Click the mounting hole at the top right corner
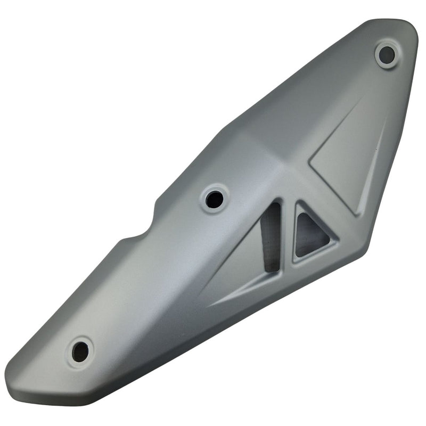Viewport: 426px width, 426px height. [387, 54]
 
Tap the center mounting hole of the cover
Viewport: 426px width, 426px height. [215, 199]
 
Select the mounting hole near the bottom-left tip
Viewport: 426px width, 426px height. [80, 351]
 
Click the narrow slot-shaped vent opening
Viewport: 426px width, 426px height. [271, 237]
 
